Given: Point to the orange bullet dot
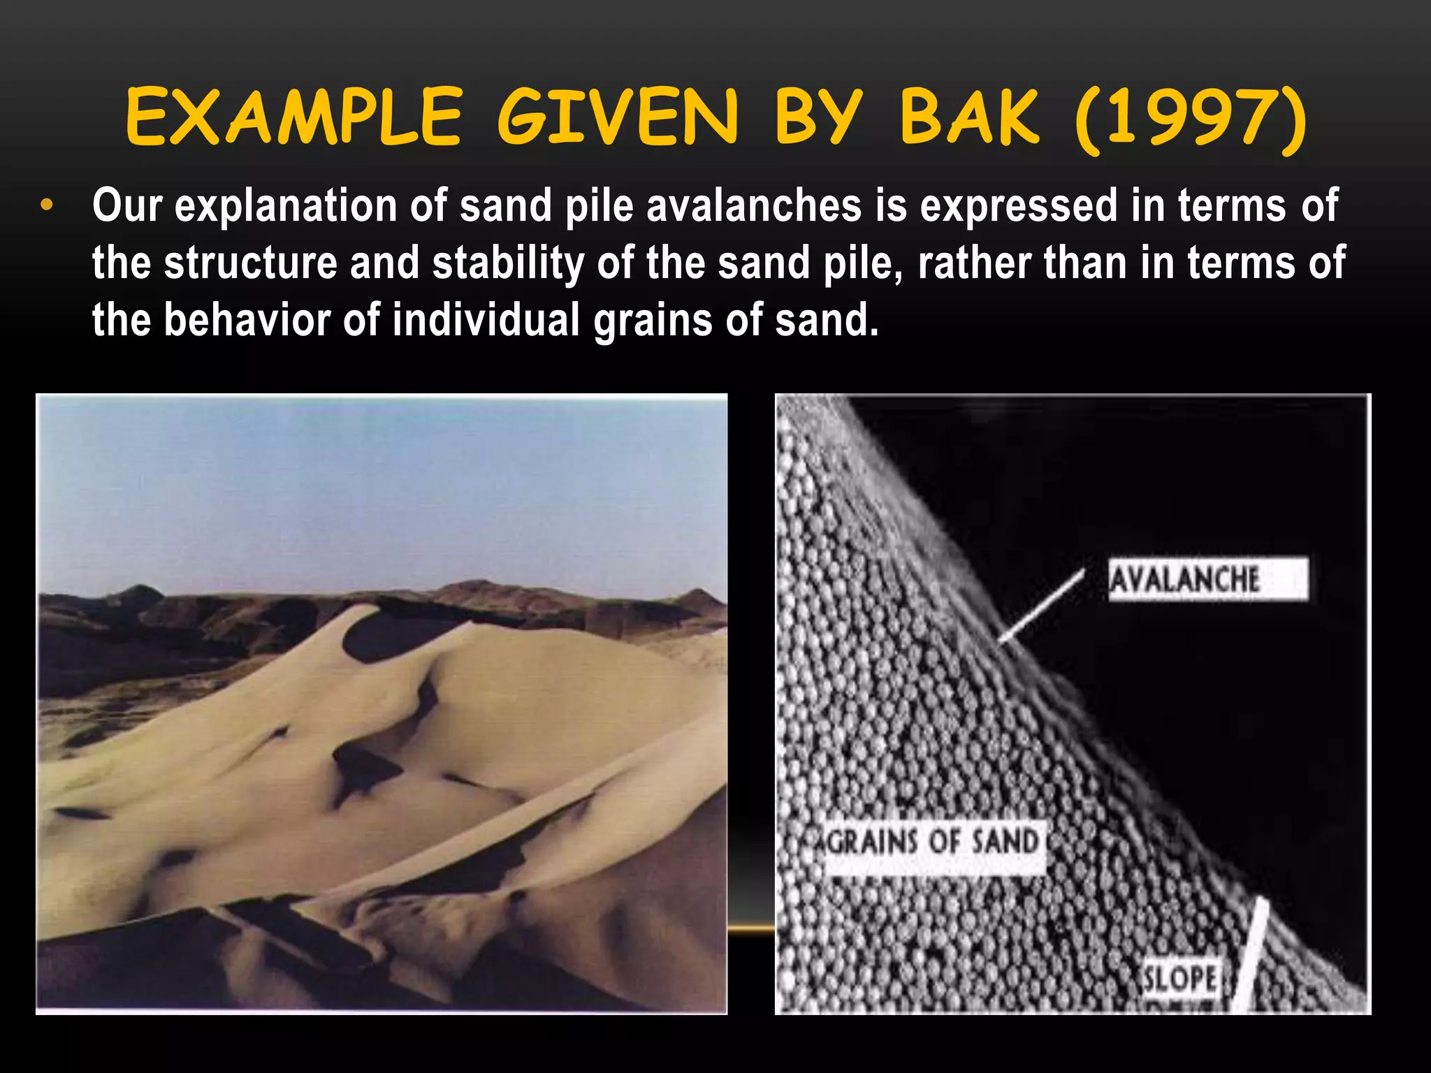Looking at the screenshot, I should tap(46, 207).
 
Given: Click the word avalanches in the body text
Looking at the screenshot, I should tap(754, 206).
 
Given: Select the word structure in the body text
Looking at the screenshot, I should tap(251, 263).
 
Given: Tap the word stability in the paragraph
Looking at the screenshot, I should tap(508, 263).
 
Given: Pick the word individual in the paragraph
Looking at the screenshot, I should tap(486, 320).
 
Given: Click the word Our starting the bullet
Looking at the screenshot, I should tap(127, 206).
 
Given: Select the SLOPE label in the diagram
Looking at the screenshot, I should tap(1179, 977).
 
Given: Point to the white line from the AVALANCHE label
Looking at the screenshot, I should tap(1041, 605).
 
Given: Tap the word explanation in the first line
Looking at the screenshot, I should tap(286, 206).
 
